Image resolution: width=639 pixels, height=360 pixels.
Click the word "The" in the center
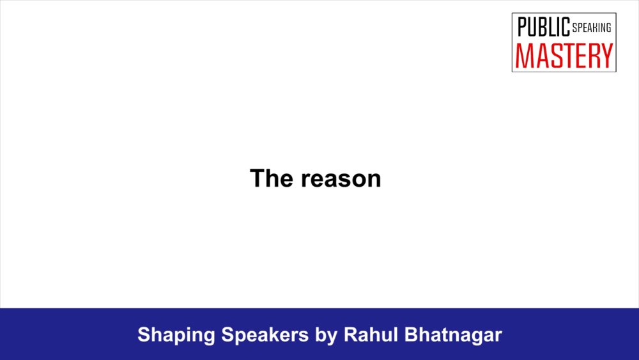click(x=272, y=178)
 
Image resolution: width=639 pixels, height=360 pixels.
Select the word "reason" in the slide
click(x=341, y=180)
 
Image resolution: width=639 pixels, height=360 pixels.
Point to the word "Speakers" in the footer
click(x=265, y=334)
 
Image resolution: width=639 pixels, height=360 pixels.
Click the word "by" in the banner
click(x=326, y=336)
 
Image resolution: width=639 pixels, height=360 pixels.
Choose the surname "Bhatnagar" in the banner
click(x=453, y=336)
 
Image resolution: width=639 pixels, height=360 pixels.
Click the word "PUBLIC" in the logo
click(x=544, y=27)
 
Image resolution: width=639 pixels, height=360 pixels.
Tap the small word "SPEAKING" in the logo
click(x=592, y=27)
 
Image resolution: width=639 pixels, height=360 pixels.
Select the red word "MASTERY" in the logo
click(x=564, y=56)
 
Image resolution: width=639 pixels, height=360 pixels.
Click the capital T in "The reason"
click(x=258, y=178)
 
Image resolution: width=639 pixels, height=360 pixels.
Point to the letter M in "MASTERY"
click(x=525, y=56)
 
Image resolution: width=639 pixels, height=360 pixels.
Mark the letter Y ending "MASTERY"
click(x=606, y=56)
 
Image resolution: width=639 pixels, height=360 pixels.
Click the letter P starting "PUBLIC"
click(x=522, y=27)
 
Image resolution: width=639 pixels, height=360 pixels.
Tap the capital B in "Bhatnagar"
click(x=411, y=334)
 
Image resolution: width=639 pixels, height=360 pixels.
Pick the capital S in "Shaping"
click(x=144, y=334)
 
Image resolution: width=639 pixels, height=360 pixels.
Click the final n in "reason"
click(x=374, y=180)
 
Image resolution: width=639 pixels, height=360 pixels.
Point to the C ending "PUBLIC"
click(x=566, y=27)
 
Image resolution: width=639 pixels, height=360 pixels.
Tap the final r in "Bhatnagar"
click(x=498, y=337)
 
